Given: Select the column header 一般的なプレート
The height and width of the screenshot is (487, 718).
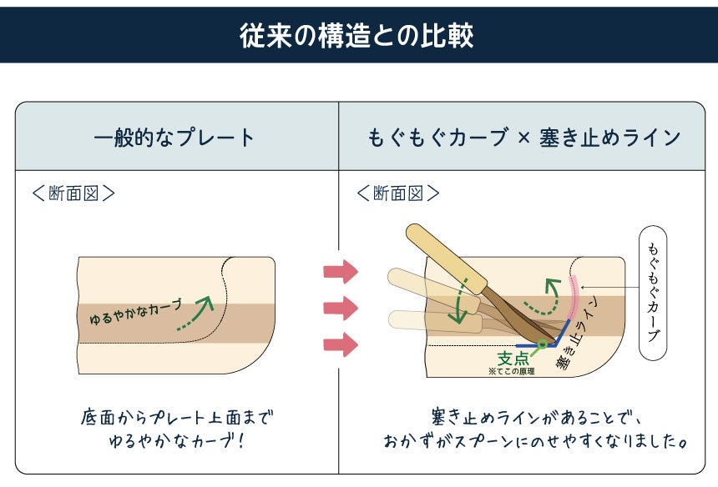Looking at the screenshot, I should (x=174, y=138).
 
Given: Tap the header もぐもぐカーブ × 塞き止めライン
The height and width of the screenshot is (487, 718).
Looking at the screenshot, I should (x=525, y=138).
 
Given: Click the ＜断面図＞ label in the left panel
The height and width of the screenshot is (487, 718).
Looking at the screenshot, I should (x=73, y=193).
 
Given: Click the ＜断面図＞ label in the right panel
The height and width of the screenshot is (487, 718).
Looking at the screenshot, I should (x=398, y=193).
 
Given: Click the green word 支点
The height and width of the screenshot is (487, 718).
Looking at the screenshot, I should (x=513, y=358).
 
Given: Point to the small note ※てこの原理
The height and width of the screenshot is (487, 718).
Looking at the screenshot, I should (x=512, y=371).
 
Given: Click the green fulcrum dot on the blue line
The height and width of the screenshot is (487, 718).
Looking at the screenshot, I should (x=542, y=343).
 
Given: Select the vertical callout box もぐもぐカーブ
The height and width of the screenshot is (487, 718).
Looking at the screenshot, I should (x=652, y=293).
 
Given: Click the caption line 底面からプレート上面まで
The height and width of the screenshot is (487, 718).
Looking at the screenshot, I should (x=177, y=416).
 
